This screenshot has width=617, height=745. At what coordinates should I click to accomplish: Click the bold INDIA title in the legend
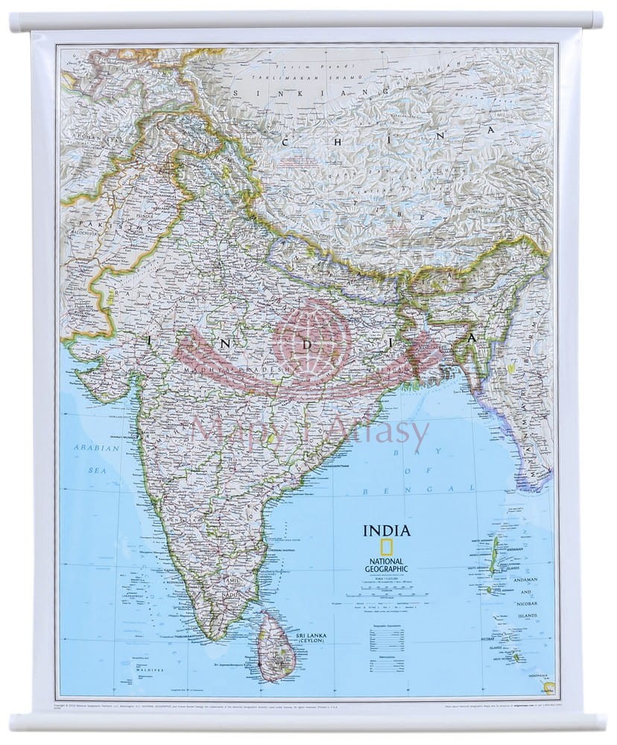point(386,531)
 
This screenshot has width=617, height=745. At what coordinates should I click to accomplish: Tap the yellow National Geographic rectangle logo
point(386,548)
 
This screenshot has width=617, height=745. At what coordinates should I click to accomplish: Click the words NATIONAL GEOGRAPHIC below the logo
point(386,565)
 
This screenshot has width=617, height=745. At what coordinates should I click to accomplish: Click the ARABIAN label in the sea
point(86,448)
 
